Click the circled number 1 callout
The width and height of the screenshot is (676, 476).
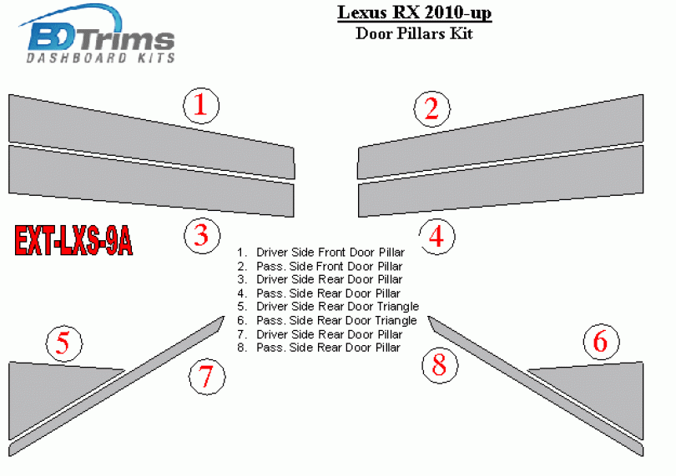coord(201,106)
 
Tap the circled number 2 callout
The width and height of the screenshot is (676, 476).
coord(432,109)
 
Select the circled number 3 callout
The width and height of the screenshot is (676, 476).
coord(202,236)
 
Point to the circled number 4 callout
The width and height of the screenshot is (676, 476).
coord(436,237)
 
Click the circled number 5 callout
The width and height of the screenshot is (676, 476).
coord(63,343)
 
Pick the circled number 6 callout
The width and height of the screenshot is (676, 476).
coord(602,342)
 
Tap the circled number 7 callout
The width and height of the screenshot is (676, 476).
coord(207,377)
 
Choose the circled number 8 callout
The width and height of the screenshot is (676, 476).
coord(440,365)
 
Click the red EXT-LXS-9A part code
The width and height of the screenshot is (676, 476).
coord(73,241)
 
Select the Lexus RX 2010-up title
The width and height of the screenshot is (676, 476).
coord(414,13)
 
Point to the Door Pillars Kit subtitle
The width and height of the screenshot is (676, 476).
coord(414,33)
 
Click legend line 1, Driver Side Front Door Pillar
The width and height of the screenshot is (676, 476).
coord(321,253)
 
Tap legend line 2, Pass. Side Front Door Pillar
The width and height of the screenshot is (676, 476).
coord(320,266)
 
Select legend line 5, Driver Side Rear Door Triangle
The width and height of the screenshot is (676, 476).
coord(328,307)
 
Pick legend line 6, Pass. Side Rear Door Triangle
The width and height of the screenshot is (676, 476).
coord(327,320)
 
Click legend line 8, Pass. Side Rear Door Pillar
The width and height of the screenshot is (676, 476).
coord(319,348)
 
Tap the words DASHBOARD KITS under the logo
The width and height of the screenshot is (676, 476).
coord(101,58)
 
